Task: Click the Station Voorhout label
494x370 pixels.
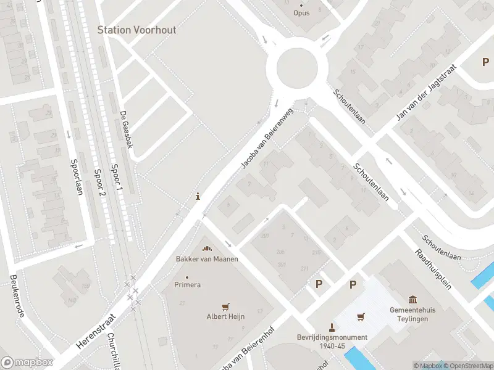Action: click(136, 30)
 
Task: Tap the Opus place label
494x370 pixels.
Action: click(301, 12)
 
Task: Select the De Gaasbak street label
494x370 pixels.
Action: click(126, 130)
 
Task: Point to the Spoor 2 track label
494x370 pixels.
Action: click(99, 182)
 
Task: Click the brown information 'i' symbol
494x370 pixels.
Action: click(198, 197)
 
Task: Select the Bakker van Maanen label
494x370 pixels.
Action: click(207, 258)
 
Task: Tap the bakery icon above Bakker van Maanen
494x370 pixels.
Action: click(207, 249)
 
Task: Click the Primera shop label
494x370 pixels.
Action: click(188, 285)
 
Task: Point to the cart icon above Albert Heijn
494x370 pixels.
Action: click(225, 306)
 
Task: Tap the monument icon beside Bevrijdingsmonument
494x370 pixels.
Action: click(332, 327)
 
